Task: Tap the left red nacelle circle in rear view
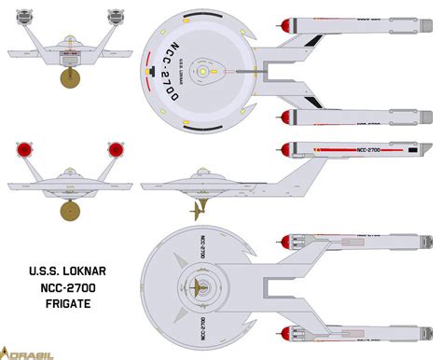[x=21, y=149]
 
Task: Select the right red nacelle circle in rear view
[x=117, y=149]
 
